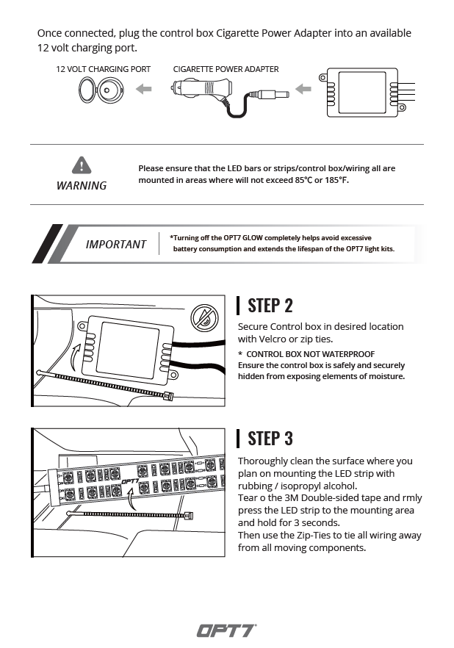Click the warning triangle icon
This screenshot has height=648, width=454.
(82, 165)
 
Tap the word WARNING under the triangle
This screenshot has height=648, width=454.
(82, 185)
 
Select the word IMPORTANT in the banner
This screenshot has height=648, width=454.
(116, 244)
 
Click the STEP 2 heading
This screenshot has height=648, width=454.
(270, 305)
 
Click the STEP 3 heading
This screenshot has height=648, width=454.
(270, 438)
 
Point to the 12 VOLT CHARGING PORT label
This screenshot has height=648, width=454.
(104, 69)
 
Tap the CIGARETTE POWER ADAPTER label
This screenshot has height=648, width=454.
(226, 69)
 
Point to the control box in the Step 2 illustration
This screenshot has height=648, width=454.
(126, 343)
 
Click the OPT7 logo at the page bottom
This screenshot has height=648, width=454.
(226, 630)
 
